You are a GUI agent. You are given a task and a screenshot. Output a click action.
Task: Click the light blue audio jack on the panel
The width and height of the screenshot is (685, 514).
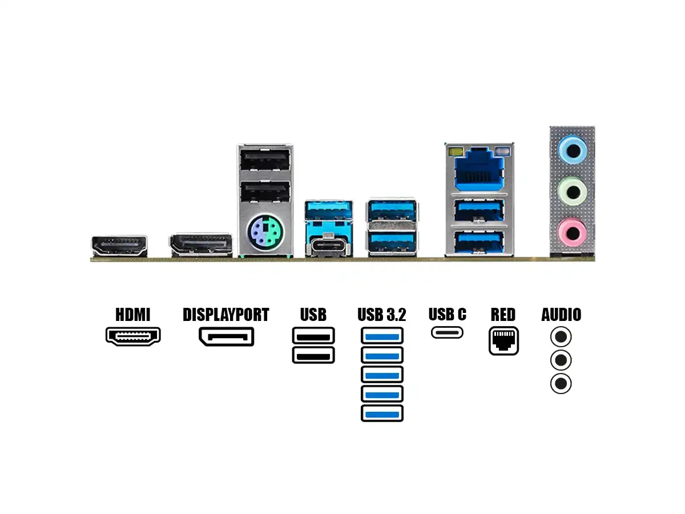point(572,150)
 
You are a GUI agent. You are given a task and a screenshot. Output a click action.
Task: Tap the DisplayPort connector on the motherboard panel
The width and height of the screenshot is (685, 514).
point(200,246)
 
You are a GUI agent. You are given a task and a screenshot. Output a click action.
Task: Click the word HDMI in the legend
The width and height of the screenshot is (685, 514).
point(132,315)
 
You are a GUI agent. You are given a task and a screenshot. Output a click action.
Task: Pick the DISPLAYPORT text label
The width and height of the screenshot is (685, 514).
point(225,315)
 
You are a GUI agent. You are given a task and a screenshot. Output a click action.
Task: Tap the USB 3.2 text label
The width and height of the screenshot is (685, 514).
point(382,315)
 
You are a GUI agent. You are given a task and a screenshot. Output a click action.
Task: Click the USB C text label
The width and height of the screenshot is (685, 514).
point(447,314)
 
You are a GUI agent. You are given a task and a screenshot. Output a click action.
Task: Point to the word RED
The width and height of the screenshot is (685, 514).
point(503,315)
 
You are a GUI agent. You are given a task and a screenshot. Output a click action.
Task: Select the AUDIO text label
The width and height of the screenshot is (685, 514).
point(561,315)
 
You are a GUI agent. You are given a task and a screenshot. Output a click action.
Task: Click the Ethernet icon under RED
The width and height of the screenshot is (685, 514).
point(503,341)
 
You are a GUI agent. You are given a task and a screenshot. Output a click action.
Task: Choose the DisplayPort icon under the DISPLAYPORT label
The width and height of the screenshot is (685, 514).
point(226,336)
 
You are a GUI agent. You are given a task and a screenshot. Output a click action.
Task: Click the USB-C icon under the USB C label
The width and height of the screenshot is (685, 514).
point(447,332)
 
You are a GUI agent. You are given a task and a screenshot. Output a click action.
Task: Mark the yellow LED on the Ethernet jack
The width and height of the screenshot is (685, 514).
point(455,152)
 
